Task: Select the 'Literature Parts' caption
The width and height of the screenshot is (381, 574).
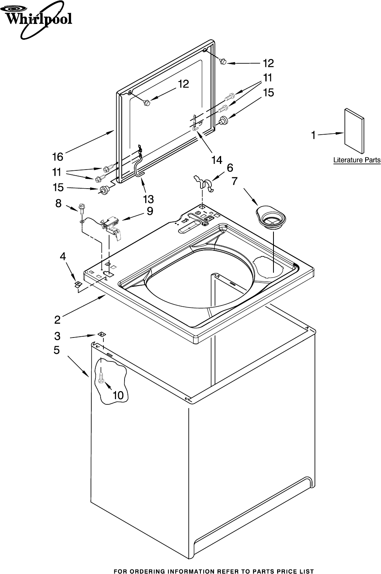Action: (x=357, y=160)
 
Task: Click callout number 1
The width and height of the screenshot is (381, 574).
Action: (x=313, y=136)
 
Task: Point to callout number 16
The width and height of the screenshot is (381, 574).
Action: (x=58, y=156)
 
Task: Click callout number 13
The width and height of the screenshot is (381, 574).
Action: (x=148, y=199)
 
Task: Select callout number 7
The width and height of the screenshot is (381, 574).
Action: (x=235, y=181)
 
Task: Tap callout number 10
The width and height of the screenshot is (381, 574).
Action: (x=118, y=396)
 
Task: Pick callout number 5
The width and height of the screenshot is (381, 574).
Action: (x=57, y=350)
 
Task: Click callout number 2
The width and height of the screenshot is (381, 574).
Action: (x=58, y=320)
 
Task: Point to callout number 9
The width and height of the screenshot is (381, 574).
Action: (x=150, y=211)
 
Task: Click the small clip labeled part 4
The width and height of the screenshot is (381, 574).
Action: (x=77, y=284)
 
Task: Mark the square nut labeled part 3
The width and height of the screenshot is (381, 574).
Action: (x=101, y=334)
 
